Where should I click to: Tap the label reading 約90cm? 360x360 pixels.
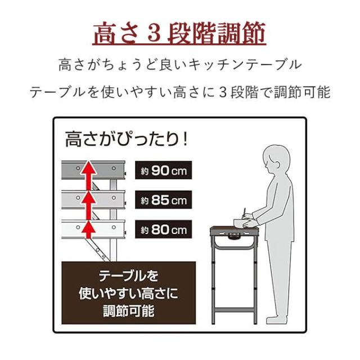coord(164,170)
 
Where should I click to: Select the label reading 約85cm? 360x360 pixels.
coord(164,200)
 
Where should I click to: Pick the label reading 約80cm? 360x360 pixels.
coord(164,229)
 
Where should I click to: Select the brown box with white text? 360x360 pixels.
coord(129,293)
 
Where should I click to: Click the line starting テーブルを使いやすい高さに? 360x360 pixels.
coord(179,92)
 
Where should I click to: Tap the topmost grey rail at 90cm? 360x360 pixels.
coord(96,168)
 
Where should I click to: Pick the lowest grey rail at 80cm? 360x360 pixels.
coord(96,227)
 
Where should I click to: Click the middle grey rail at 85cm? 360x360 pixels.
coord(96,198)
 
